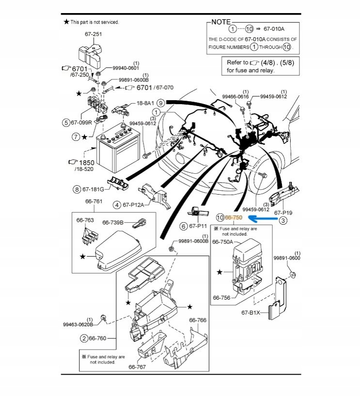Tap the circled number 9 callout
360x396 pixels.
160,103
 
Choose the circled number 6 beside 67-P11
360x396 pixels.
184,226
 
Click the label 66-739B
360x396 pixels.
113,223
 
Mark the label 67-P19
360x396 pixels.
284,213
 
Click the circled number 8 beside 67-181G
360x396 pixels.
77,189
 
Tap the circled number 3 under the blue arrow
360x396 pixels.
283,221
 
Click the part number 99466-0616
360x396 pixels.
235,97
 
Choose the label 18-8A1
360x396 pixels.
145,103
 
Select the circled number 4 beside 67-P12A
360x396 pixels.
117,205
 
